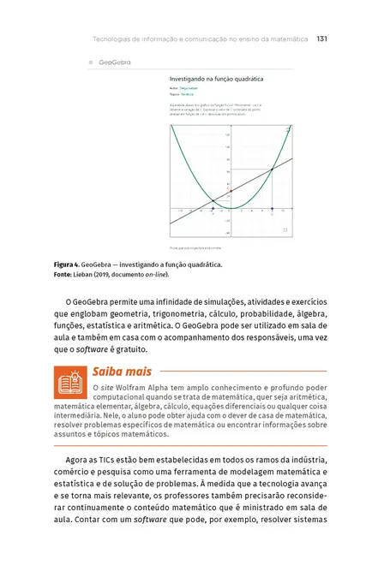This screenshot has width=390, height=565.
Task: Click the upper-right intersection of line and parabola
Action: coord(272,169)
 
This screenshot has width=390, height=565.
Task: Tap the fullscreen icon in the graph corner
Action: coord(285,230)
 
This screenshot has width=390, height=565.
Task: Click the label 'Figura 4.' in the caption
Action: coord(69,265)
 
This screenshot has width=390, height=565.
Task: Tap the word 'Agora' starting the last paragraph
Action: coord(80,463)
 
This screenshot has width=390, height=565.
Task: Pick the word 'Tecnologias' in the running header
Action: coord(115,39)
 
